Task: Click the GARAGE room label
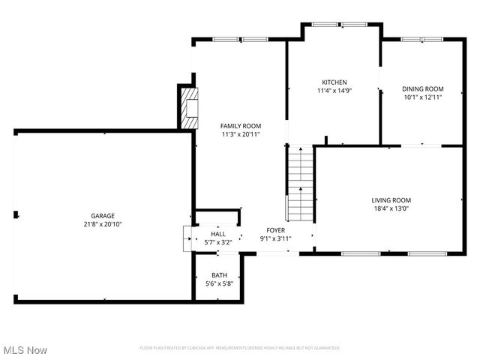(x=103, y=214)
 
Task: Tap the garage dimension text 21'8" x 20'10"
(x=103, y=223)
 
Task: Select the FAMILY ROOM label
(x=241, y=125)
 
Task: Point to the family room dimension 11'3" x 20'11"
(x=241, y=134)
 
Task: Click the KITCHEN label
(x=334, y=82)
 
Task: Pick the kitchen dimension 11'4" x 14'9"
(x=334, y=91)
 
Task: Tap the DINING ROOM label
(x=423, y=88)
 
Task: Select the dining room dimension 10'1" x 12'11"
(x=423, y=97)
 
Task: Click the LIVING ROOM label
(x=391, y=199)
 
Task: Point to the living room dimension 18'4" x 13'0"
(x=391, y=208)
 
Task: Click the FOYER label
(x=275, y=229)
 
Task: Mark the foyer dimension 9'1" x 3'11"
(x=275, y=238)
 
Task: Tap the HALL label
(x=218, y=234)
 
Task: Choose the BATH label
(x=219, y=275)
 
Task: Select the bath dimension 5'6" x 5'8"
(x=219, y=284)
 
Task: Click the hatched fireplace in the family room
(x=188, y=108)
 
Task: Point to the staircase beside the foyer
(x=300, y=184)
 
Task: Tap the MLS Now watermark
(x=25, y=350)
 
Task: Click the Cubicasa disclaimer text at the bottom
(x=240, y=348)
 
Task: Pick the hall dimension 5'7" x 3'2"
(x=218, y=242)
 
